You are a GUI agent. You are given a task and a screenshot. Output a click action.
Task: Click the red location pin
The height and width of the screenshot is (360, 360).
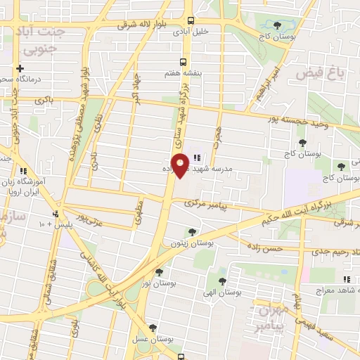click(181, 166)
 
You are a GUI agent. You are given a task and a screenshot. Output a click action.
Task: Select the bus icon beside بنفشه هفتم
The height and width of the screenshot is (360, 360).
click(183, 61)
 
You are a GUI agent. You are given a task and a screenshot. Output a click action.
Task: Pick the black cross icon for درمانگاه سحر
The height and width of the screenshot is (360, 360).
click(20, 68)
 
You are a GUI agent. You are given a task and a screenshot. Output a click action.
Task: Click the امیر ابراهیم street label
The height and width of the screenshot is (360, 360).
click(273, 85)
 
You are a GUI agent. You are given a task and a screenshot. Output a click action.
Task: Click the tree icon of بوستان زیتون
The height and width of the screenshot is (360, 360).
click(191, 231)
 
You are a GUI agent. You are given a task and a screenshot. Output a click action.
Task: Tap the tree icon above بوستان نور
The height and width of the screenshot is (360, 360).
click(159, 271)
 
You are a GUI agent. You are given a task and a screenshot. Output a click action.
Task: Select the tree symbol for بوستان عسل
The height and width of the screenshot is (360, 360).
click(152, 327)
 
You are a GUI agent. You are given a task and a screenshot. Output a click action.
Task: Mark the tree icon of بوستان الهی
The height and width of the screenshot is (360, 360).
click(222, 281)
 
